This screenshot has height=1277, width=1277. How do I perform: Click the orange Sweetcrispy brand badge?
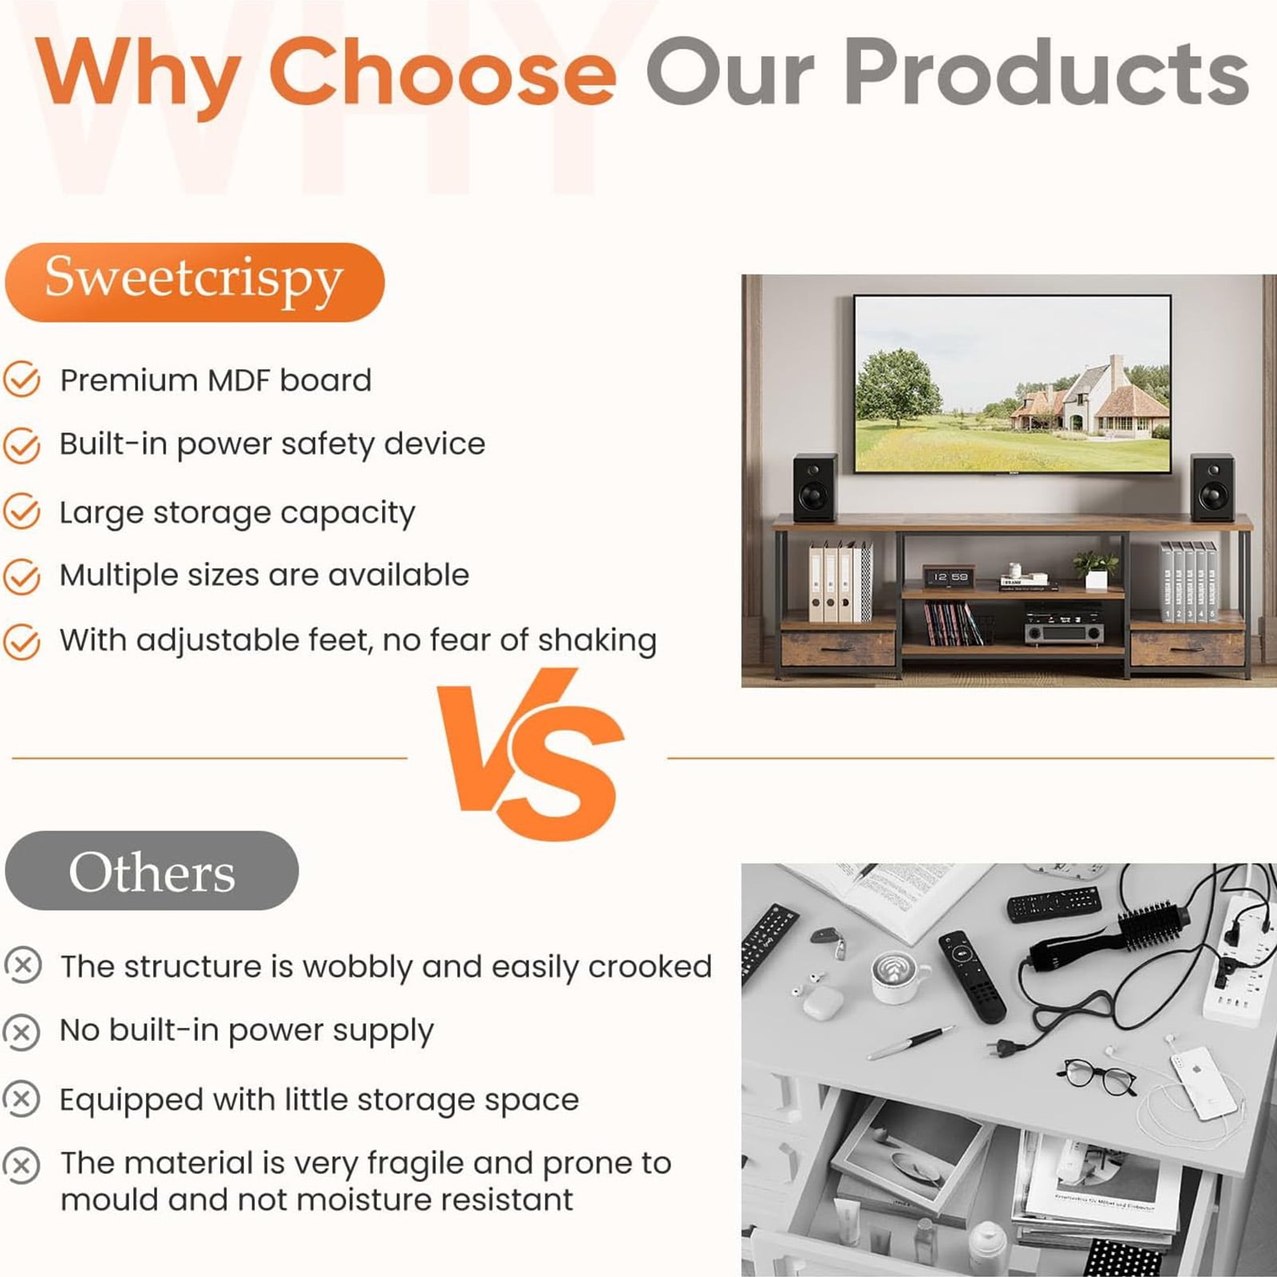click(195, 283)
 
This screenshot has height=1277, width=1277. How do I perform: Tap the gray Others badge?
click(152, 870)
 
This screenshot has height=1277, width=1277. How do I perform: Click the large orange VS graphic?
click(531, 754)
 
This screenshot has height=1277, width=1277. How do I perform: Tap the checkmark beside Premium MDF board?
click(22, 380)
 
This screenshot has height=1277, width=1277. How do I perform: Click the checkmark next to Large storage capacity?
click(22, 512)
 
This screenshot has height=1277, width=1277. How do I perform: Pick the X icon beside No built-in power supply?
click(22, 1032)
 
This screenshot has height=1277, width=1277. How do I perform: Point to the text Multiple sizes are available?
click(264, 575)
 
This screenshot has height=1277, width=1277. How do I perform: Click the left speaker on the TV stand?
click(815, 488)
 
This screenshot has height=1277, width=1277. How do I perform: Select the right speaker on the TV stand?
click(1212, 488)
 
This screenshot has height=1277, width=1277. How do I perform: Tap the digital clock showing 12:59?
click(950, 577)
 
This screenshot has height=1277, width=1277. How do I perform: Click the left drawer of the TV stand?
click(838, 647)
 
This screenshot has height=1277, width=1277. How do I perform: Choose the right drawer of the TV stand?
click(1188, 647)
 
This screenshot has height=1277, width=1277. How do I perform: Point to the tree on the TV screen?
click(899, 386)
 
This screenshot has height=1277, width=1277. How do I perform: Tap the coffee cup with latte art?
click(898, 975)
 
